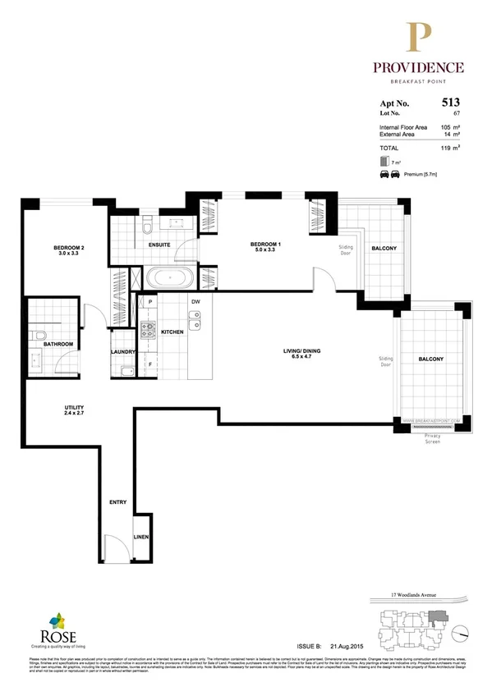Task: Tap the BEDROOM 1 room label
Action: (266, 244)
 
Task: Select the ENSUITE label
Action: (159, 245)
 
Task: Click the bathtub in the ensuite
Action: (169, 277)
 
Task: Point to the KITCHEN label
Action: (172, 332)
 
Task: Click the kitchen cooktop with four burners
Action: (149, 332)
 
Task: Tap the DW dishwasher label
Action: (195, 302)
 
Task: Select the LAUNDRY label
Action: (122, 353)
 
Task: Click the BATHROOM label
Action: (59, 345)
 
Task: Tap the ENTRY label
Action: (117, 501)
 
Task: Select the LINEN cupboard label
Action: (142, 538)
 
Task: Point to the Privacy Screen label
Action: (433, 437)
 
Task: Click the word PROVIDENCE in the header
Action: (419, 67)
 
